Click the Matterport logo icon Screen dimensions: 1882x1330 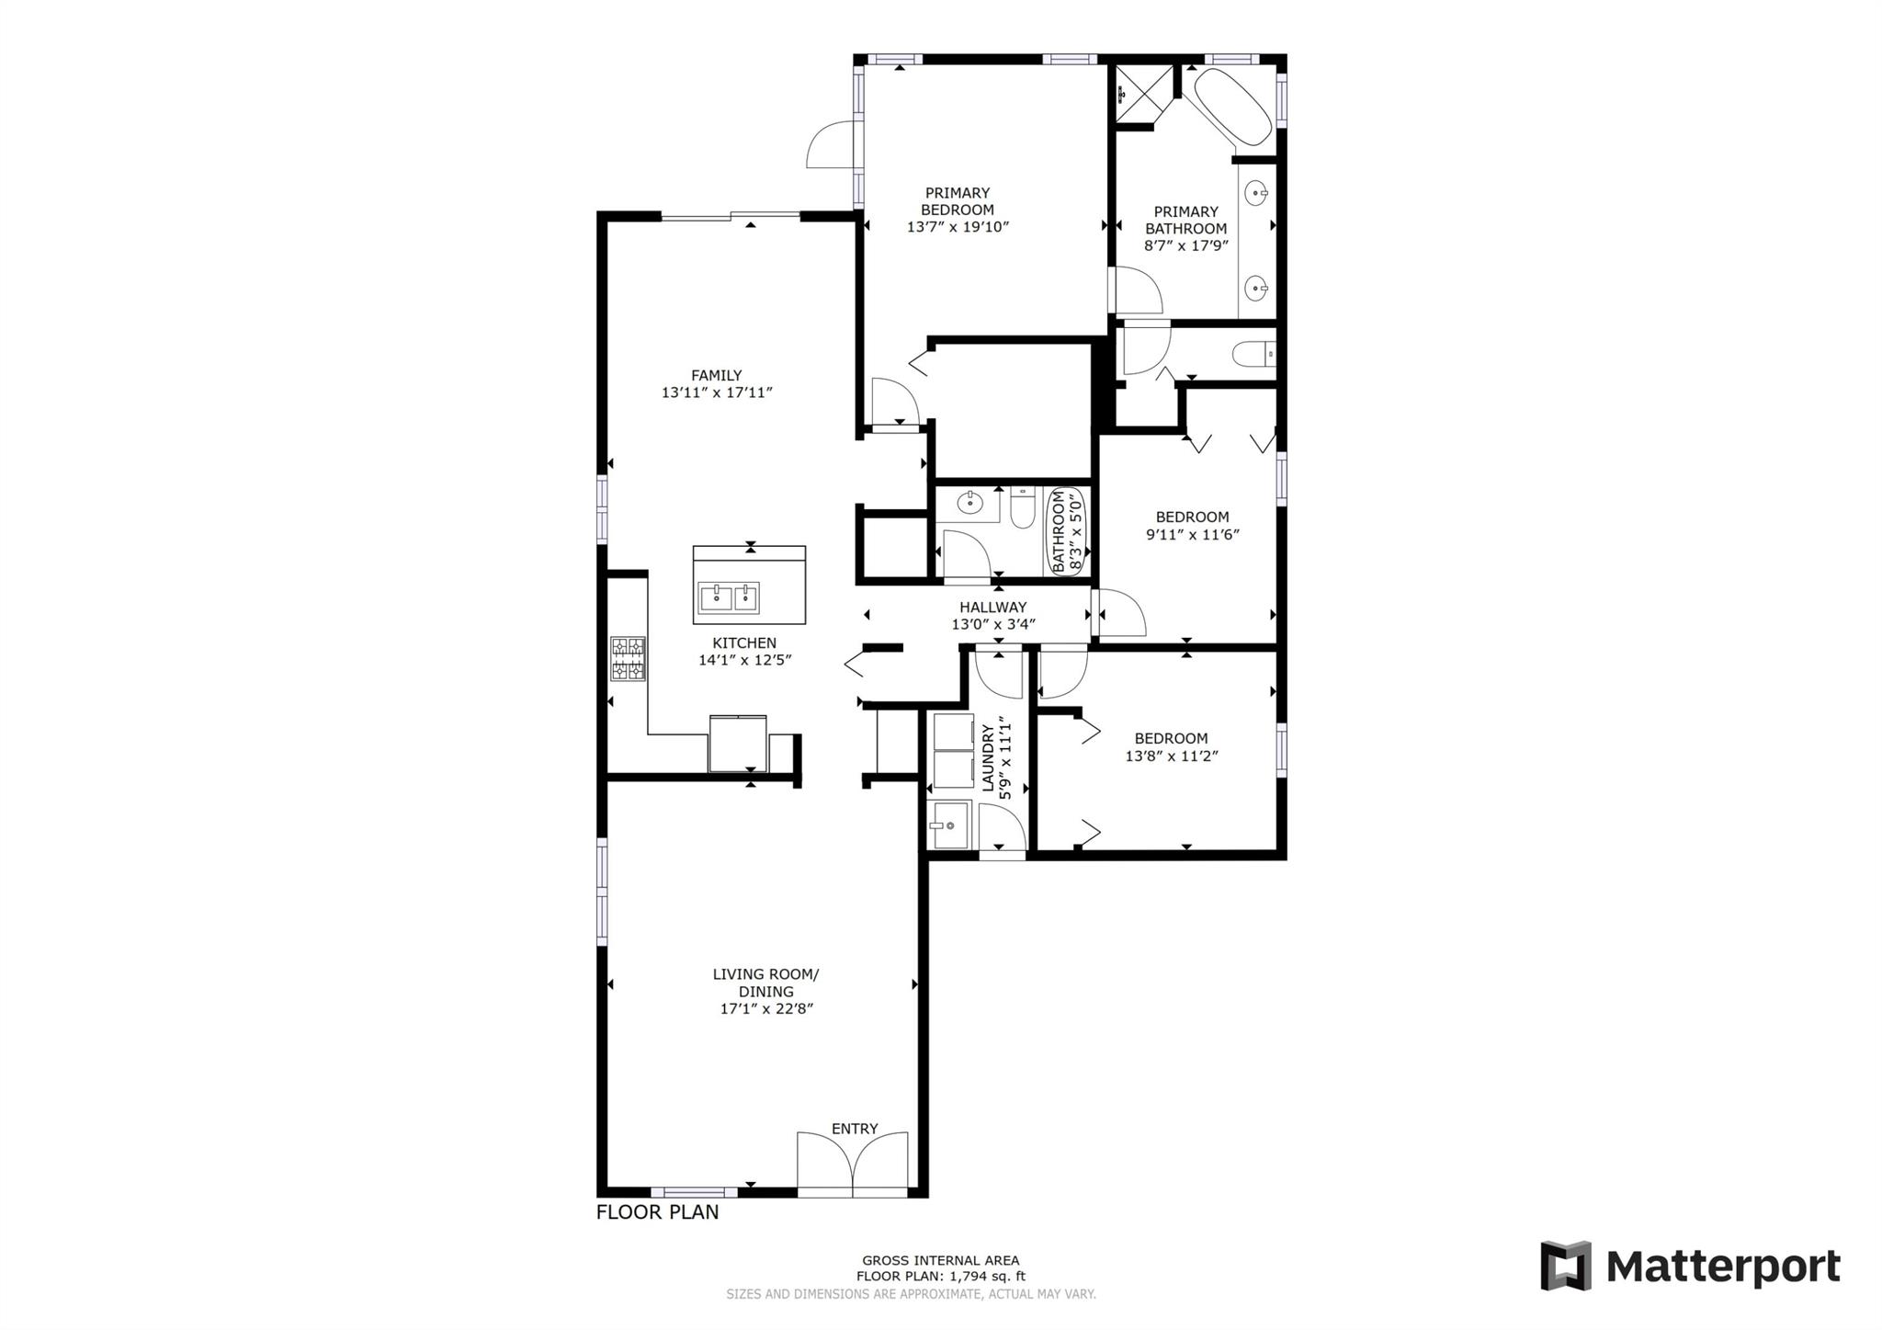pyautogui.click(x=1566, y=1266)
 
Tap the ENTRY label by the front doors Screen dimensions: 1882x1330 pyautogui.click(x=855, y=1129)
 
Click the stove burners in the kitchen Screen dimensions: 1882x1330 pyautogui.click(x=628, y=659)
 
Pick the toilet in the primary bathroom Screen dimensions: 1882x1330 pyautogui.click(x=1253, y=354)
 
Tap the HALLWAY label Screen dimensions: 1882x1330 pyautogui.click(x=993, y=608)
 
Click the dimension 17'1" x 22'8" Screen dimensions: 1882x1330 pyautogui.click(x=766, y=1009)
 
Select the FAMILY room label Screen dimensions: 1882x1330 pyautogui.click(x=717, y=375)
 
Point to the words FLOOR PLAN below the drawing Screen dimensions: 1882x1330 pyautogui.click(x=658, y=1212)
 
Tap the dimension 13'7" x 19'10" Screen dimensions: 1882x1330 pyautogui.click(x=958, y=227)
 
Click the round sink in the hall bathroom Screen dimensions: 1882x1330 pyautogui.click(x=969, y=503)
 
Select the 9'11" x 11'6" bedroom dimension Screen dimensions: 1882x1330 pyautogui.click(x=1193, y=534)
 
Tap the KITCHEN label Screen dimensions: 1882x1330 pyautogui.click(x=744, y=643)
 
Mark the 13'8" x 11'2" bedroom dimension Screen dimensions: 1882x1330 pyautogui.click(x=1172, y=756)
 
